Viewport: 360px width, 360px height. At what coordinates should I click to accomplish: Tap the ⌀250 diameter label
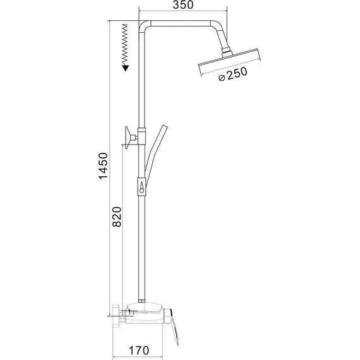pyautogui.click(x=231, y=76)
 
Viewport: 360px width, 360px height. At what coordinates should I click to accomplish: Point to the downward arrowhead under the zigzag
pyautogui.click(x=126, y=67)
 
